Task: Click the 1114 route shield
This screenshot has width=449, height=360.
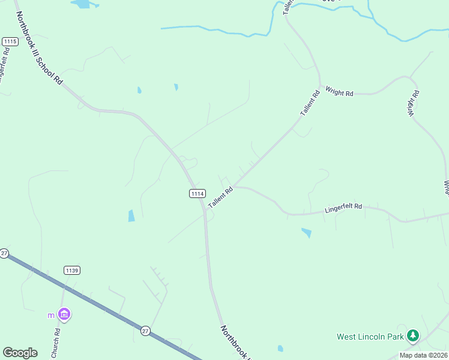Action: (197, 193)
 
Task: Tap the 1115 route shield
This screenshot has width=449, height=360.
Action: (10, 41)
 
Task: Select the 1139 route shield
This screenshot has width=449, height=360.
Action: (71, 271)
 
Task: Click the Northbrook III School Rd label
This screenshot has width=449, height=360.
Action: (38, 47)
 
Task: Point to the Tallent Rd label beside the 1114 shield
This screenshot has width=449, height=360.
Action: (220, 199)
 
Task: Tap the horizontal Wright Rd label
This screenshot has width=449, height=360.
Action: (339, 92)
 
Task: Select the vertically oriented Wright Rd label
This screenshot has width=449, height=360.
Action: (414, 103)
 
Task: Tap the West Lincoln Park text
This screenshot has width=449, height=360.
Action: (370, 337)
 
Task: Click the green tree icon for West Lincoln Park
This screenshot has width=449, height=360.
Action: (412, 336)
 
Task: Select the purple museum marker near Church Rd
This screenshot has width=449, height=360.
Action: (64, 314)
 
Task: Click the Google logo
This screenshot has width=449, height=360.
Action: (20, 353)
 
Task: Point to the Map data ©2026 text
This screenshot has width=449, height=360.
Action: (423, 355)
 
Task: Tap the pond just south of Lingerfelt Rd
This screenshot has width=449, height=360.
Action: (307, 232)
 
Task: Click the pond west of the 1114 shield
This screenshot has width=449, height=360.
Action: (131, 216)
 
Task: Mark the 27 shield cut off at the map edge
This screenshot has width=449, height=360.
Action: (4, 253)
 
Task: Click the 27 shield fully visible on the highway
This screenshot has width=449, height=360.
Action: (146, 331)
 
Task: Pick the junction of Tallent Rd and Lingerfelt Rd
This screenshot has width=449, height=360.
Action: (235, 187)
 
